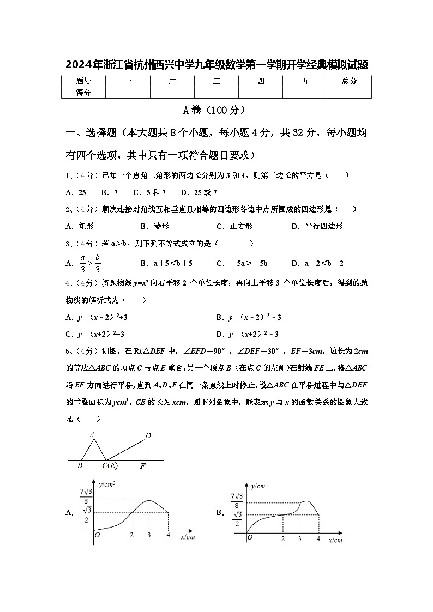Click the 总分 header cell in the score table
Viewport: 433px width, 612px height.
coord(349,81)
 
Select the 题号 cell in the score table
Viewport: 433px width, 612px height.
coord(83,81)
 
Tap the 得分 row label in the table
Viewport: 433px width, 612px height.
coord(83,93)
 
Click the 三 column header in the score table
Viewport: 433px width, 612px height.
coord(216,81)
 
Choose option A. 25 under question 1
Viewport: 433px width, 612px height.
coord(75,192)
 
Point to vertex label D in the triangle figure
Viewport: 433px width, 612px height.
coord(148,435)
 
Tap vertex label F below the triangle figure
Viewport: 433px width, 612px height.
coord(143,466)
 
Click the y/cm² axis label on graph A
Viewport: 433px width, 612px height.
coord(107,483)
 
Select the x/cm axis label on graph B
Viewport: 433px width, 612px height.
coord(335,540)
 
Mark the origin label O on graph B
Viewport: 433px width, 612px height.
coord(250,537)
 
